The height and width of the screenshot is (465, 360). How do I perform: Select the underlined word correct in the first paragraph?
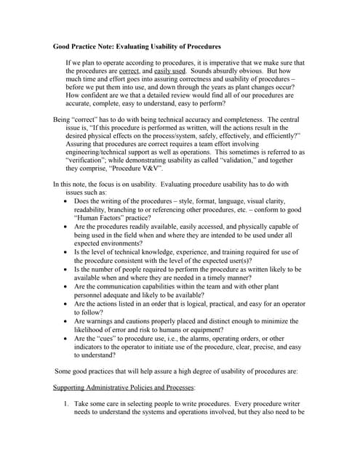pyautogui.click(x=129, y=71)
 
